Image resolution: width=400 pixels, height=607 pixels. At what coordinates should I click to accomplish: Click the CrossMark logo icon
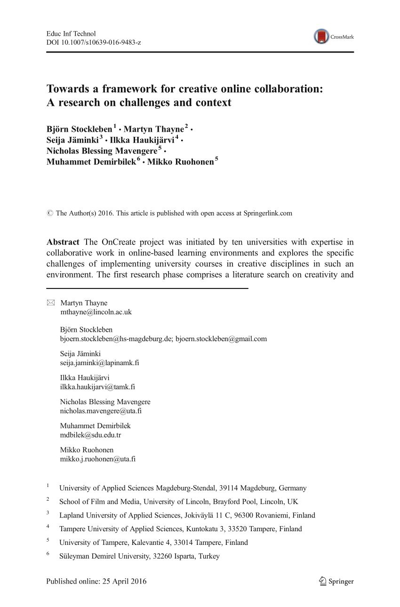pyautogui.click(x=321, y=37)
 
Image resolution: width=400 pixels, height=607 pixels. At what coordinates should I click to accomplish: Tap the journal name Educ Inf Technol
pyautogui.click(x=71, y=34)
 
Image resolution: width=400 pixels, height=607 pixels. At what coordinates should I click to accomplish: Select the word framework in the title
pyautogui.click(x=125, y=89)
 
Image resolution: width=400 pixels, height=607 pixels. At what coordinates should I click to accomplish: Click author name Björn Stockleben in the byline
pyautogui.click(x=79, y=128)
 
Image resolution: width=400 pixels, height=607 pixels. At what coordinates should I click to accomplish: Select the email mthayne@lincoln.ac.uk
pyautogui.click(x=96, y=311)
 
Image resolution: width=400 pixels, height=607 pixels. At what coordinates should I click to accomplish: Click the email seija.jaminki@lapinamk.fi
pyautogui.click(x=99, y=362)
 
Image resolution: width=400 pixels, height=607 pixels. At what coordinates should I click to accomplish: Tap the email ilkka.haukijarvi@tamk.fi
pyautogui.click(x=97, y=387)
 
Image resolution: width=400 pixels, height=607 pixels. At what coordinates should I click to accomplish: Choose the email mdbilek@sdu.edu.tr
pyautogui.click(x=90, y=435)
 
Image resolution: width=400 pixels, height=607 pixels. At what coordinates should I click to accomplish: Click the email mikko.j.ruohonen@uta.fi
pyautogui.click(x=98, y=459)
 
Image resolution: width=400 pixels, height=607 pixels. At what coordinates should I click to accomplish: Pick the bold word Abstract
pyautogui.click(x=63, y=242)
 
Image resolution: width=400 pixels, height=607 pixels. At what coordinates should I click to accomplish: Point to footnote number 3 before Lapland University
pyautogui.click(x=48, y=513)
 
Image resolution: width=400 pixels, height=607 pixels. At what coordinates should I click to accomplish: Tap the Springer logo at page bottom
pyautogui.click(x=336, y=581)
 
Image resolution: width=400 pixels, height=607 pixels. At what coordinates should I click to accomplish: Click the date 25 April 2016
pyautogui.click(x=124, y=581)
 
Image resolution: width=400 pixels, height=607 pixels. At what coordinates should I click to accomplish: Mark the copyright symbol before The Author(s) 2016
pyautogui.click(x=50, y=213)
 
